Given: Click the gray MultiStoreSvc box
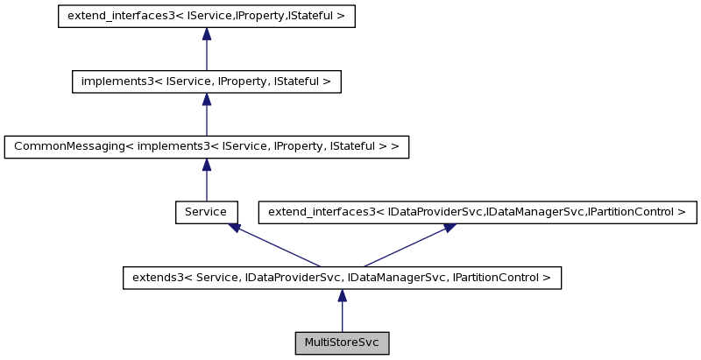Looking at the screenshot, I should [x=342, y=342].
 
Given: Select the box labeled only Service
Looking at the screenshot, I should [x=206, y=212].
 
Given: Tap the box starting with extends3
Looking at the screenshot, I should [x=342, y=278].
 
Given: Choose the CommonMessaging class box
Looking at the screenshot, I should [x=206, y=146].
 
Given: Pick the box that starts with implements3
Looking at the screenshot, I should [x=206, y=81].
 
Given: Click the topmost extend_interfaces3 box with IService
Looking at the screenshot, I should [x=206, y=17].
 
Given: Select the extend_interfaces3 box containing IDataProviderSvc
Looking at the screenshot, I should [x=477, y=212].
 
